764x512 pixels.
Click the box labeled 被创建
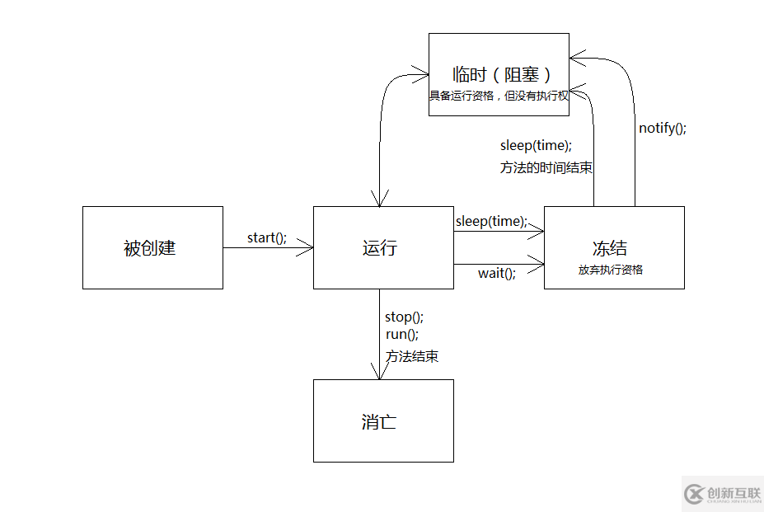152,247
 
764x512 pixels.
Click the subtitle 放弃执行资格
610,270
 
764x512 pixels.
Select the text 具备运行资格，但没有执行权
499,95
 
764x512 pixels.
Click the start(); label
267,237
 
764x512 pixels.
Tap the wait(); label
497,273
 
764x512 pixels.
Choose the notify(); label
662,128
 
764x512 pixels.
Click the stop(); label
404,317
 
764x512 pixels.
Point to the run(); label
402,335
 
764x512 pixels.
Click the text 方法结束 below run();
412,356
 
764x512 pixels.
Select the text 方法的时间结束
546,167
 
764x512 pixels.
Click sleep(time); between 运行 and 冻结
490,221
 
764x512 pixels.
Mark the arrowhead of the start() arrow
307,247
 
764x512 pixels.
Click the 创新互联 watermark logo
723,493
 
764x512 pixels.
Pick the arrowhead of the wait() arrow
538,264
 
